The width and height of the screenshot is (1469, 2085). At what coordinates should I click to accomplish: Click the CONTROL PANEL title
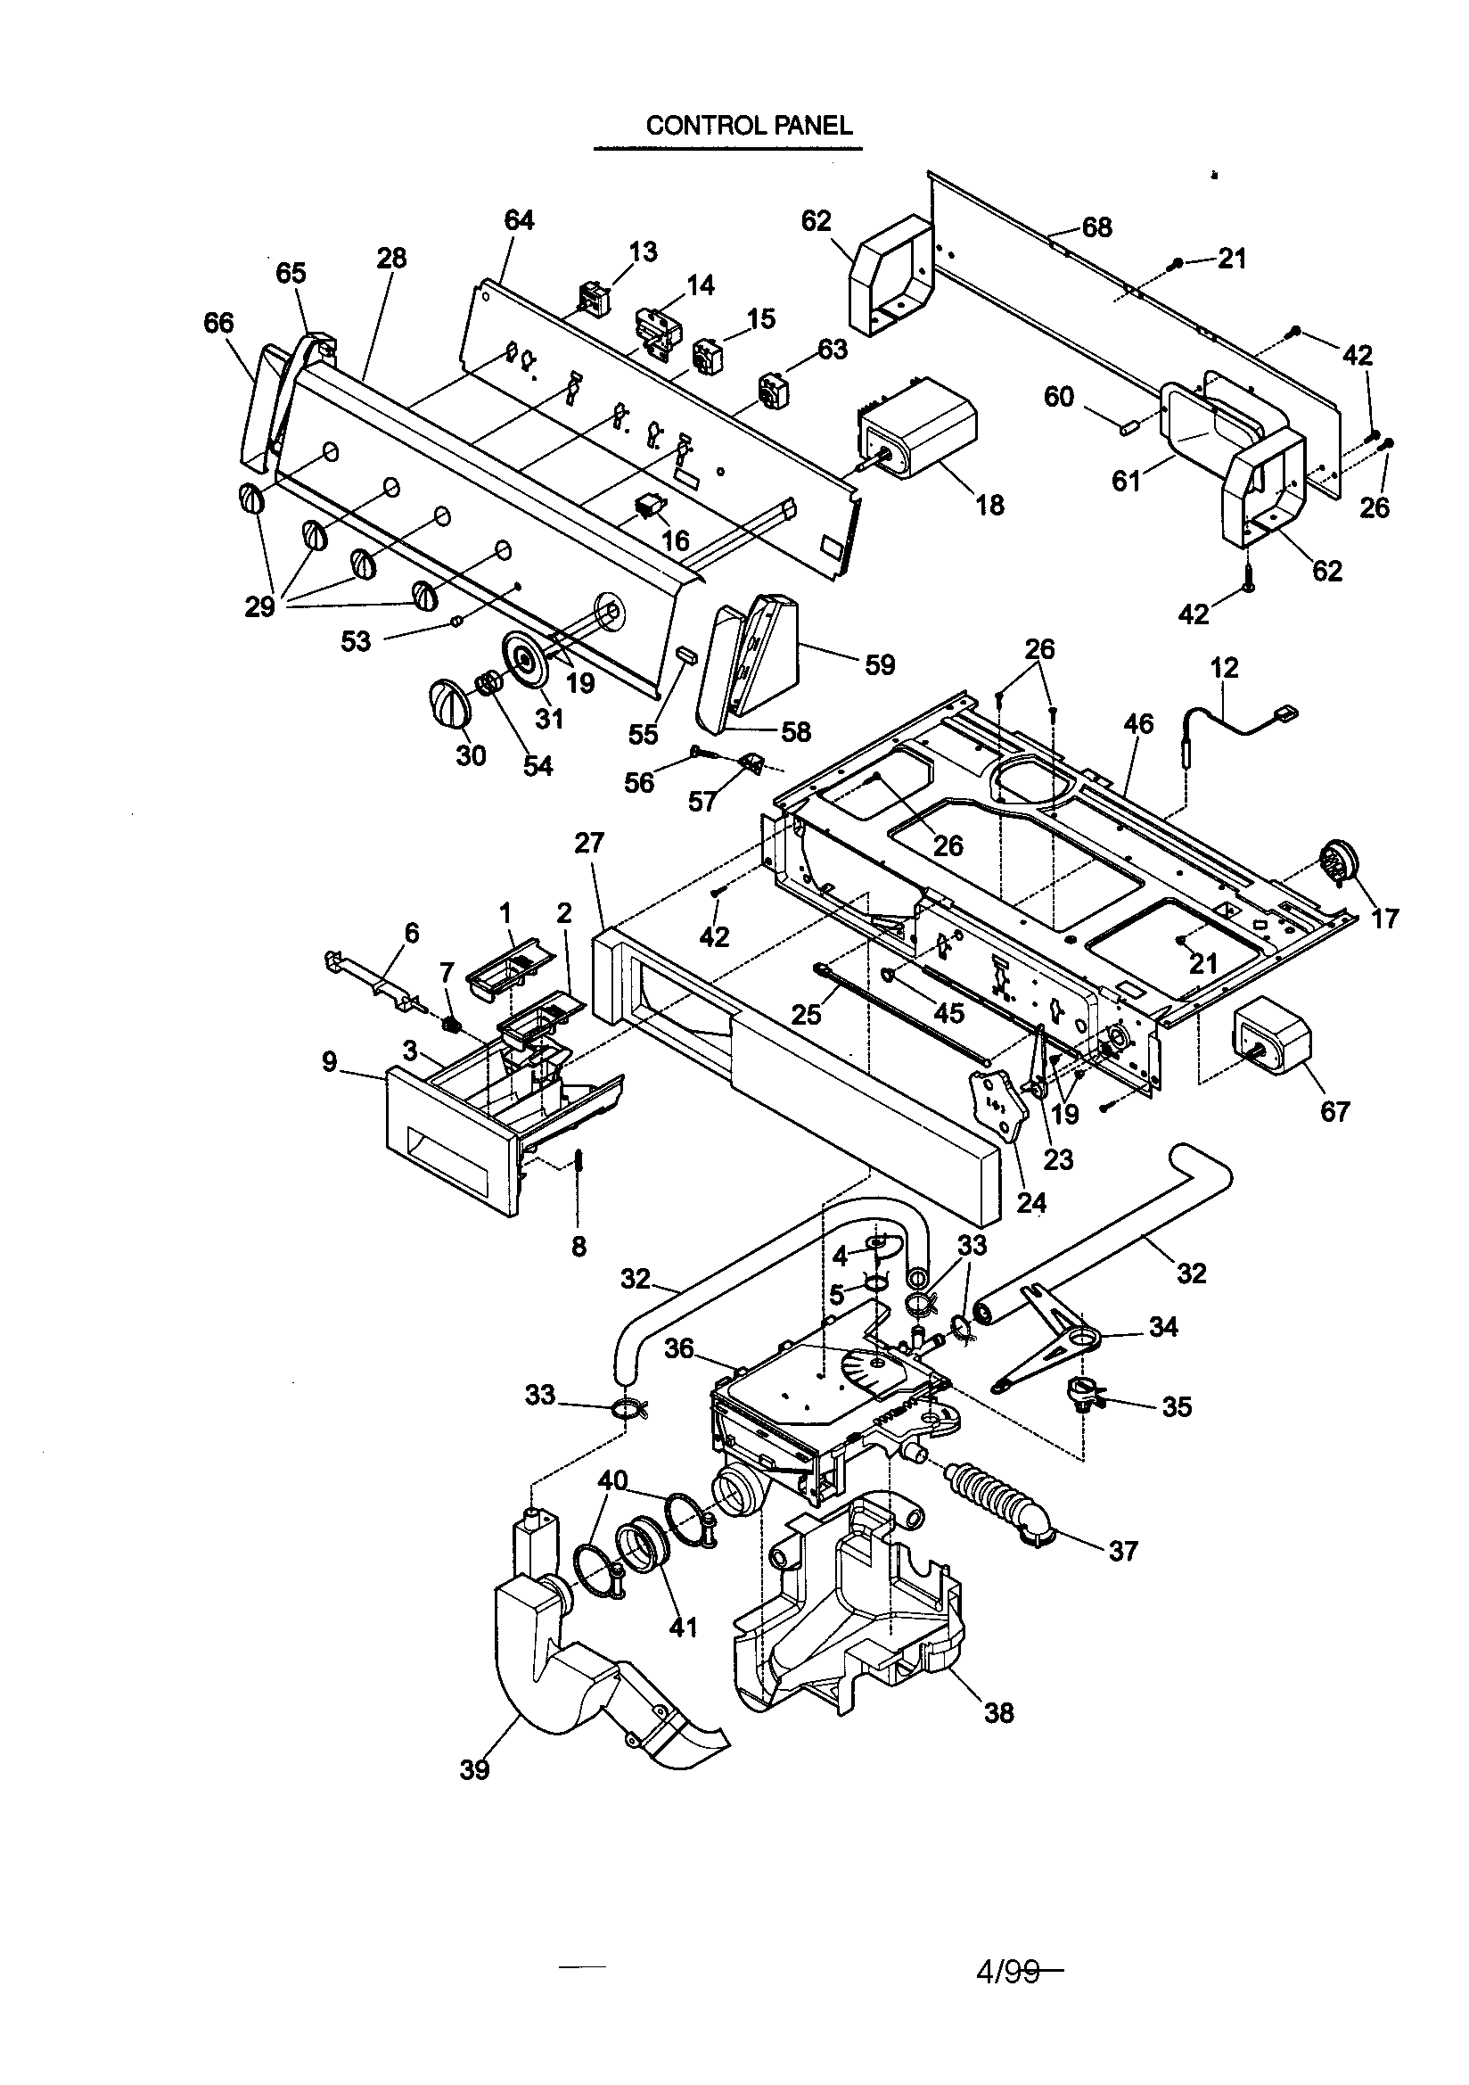tap(749, 126)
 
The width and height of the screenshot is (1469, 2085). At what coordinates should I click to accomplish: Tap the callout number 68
tap(1096, 227)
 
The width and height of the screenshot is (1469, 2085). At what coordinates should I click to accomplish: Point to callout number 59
tap(879, 664)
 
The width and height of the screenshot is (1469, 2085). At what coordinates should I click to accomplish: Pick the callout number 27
tap(589, 843)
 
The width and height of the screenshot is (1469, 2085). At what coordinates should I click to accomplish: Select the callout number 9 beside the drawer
tap(330, 1060)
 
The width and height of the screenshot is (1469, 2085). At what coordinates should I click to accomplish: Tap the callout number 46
tap(1138, 724)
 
